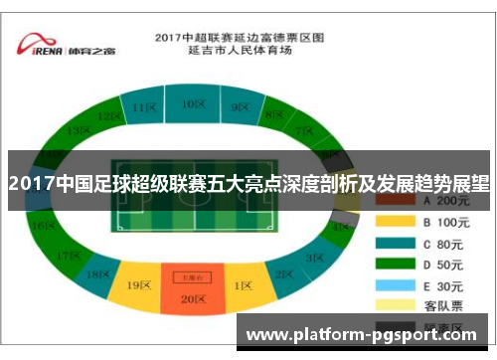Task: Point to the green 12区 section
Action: (x=108, y=116)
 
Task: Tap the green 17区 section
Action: (x=69, y=256)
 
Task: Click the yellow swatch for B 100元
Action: (x=393, y=222)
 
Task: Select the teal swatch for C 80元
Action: (x=393, y=243)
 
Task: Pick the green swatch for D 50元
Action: (x=393, y=264)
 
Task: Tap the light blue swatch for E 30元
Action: (x=393, y=284)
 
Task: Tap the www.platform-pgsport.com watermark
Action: (x=365, y=337)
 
